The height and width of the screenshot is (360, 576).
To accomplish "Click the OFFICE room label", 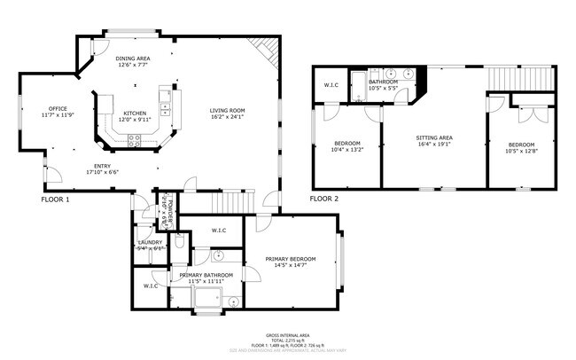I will point(58,109).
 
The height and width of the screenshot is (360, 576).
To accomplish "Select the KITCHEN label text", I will point(135,113).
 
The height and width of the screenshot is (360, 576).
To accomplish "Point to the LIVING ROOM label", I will point(227,110).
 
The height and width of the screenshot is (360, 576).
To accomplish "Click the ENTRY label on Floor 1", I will point(103,167).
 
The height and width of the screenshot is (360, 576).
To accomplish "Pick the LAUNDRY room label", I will point(149,242).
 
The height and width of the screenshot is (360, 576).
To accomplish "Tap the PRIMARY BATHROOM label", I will point(206,276).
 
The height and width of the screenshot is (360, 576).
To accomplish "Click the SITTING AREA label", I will point(434,138).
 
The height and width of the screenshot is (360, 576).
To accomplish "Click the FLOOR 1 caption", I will point(55,200).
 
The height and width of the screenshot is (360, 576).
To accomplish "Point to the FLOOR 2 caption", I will point(324,200).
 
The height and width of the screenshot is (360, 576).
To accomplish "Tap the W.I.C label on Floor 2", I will point(331,85).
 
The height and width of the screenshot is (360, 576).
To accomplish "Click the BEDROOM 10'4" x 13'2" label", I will point(346,144).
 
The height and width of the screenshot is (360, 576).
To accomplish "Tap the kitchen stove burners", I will point(135,138).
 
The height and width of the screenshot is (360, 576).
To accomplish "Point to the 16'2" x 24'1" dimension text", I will point(227,117).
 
